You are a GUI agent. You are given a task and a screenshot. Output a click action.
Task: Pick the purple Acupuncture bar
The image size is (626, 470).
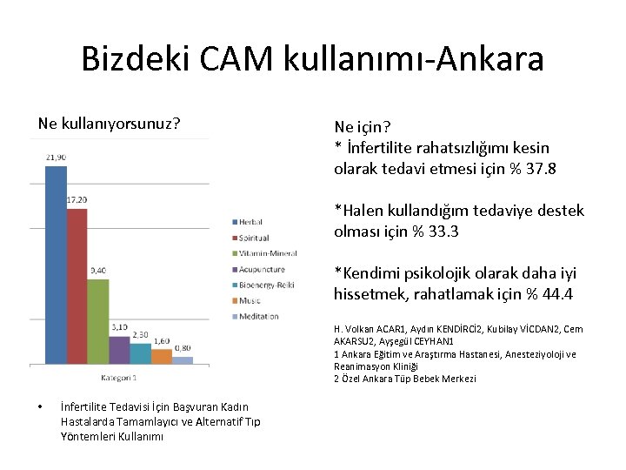click(x=119, y=349)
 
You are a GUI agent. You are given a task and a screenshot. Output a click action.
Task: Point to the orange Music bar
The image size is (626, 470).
click(x=161, y=356)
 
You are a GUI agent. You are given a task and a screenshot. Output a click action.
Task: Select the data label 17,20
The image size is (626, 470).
click(x=77, y=200)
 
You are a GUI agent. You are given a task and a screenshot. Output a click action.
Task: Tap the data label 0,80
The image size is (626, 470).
click(x=183, y=348)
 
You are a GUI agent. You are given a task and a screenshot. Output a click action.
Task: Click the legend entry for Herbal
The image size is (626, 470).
click(x=249, y=222)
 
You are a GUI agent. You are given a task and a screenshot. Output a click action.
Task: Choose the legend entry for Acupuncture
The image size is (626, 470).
click(x=263, y=269)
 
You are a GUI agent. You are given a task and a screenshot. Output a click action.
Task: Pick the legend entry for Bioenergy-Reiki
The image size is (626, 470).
click(x=267, y=285)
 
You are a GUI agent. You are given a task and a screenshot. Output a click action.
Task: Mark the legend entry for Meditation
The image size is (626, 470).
click(x=258, y=316)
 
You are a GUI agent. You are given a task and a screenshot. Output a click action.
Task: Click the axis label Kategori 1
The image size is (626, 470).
click(x=119, y=378)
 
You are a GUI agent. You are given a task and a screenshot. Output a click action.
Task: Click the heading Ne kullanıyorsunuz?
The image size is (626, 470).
click(x=110, y=124)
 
